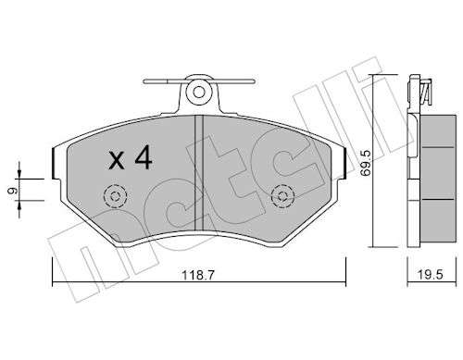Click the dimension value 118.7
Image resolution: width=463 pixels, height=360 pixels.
pos(198,275)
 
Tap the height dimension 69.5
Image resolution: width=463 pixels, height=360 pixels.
pos(365,163)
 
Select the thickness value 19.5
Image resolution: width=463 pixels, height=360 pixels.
pos(430,275)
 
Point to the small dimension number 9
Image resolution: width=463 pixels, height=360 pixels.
pos(12,192)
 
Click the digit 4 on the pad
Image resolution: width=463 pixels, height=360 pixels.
pos(144,157)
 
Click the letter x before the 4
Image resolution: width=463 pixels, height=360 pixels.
pos(117,161)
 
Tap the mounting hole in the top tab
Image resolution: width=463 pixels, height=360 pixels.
pos(199,92)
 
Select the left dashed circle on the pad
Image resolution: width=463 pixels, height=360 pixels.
pos(116,196)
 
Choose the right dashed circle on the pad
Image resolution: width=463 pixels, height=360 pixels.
pos(282,196)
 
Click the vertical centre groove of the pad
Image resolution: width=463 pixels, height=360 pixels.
pos(199,173)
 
